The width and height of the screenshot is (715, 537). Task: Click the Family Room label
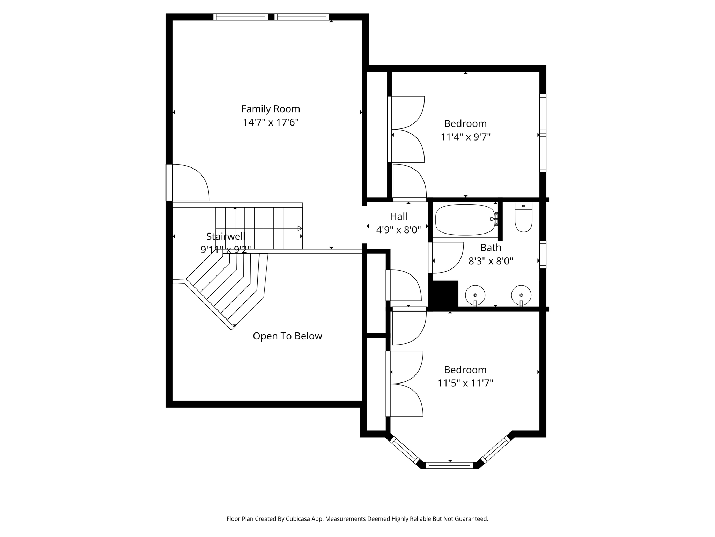(x=271, y=109)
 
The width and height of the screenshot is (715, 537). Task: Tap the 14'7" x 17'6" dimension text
(x=271, y=123)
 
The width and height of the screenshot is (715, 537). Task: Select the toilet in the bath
(x=523, y=217)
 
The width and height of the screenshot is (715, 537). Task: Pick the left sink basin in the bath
(x=475, y=295)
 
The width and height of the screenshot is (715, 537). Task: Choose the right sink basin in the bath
(x=521, y=295)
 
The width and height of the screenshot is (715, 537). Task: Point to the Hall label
(x=399, y=217)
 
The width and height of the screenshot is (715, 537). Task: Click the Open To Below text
(x=287, y=336)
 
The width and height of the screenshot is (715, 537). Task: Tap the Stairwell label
(x=226, y=237)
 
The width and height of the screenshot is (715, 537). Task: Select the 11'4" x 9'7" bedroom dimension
(x=465, y=137)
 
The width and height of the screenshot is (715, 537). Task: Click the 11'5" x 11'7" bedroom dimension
(x=465, y=383)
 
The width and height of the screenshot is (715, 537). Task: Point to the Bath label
(x=491, y=248)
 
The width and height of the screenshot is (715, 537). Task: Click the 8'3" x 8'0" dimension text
(x=491, y=261)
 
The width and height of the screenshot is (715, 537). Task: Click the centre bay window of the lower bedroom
(x=449, y=465)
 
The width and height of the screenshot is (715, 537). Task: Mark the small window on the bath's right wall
(x=543, y=255)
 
